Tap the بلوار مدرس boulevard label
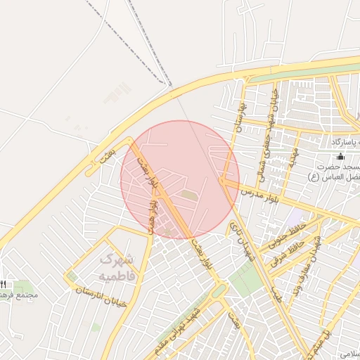point(261,193)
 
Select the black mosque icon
point(340,156)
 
